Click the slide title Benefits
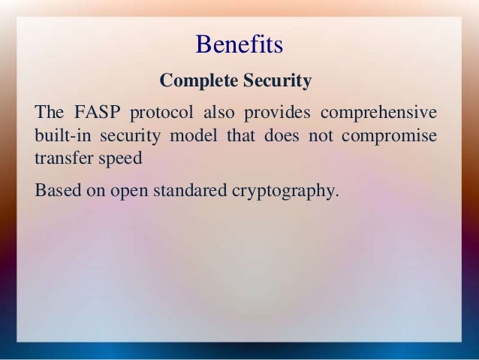[239, 45]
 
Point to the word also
[219, 114]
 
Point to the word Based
[56, 191]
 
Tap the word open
[131, 192]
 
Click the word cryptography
[282, 192]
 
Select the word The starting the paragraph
[49, 114]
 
